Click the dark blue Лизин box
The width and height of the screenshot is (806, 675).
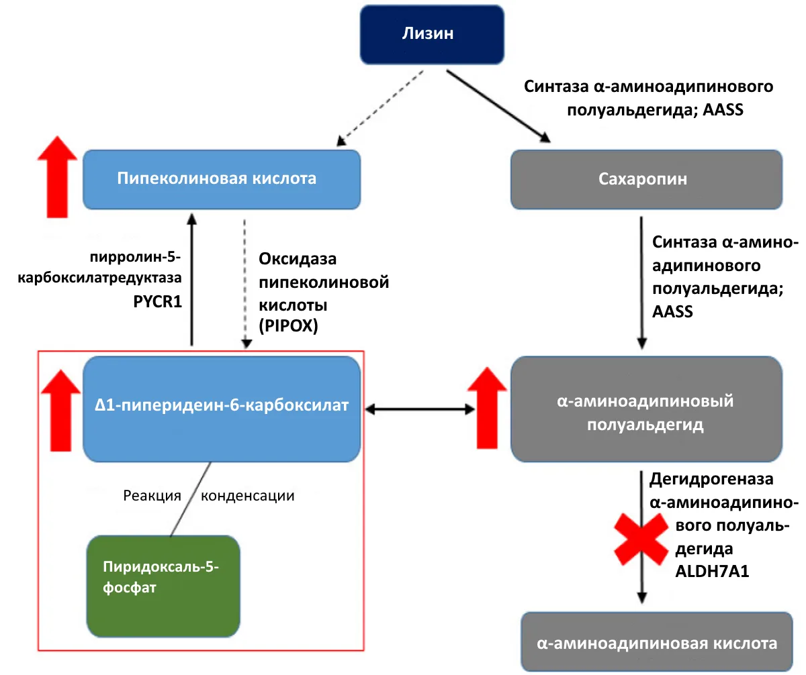432,34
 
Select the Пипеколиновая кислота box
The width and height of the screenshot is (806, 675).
222,179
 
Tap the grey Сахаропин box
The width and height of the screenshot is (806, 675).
646,179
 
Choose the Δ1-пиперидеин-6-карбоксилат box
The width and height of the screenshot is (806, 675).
222,409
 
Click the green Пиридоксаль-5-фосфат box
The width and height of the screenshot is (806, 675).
163,586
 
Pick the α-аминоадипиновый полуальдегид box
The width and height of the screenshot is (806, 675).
646,409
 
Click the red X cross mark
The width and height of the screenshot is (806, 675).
641,539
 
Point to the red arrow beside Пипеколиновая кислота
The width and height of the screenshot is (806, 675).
57,176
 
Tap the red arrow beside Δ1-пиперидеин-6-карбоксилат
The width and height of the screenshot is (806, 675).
60,411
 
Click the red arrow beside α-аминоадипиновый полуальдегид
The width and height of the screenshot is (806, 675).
487,408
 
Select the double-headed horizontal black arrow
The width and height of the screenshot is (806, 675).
420,409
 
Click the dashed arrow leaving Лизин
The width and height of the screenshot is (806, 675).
380,108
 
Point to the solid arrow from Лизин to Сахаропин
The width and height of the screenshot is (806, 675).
498,106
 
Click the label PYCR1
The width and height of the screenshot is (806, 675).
157,301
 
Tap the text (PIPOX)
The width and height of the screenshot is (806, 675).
288,325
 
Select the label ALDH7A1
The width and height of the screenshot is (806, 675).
712,571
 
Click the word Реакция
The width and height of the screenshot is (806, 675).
152,496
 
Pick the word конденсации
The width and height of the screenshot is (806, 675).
247,496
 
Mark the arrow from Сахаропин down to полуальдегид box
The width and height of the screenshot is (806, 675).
641,282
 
